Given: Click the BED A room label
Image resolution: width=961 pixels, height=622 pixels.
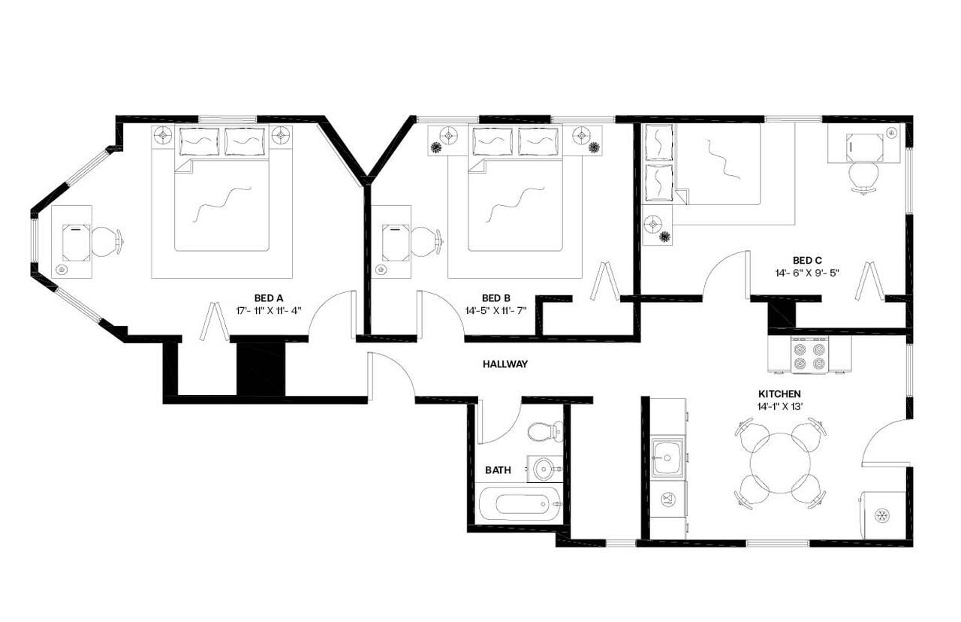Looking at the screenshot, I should click(269, 297).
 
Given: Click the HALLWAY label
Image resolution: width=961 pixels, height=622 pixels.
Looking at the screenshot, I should click(505, 364).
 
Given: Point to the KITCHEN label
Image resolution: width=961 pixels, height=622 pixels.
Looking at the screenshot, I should click(779, 394).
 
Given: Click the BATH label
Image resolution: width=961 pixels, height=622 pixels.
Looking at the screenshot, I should click(497, 470).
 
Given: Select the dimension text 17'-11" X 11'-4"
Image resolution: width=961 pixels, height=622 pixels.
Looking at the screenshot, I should click(269, 309).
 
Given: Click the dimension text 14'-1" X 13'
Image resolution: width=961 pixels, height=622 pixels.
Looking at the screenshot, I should click(779, 406).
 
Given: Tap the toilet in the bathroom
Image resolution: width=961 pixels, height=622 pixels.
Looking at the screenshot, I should click(544, 431).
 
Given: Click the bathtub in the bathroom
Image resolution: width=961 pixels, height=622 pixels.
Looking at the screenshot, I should click(520, 503).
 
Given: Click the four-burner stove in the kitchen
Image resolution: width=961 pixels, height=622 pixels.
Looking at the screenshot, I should click(809, 355).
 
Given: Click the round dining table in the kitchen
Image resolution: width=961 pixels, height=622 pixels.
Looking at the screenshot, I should click(781, 463).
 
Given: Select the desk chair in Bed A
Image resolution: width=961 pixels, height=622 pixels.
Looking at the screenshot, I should click(107, 241).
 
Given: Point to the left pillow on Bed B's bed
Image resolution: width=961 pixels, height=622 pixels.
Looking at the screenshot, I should click(493, 141).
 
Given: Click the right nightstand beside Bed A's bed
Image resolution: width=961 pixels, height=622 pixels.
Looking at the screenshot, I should click(281, 136).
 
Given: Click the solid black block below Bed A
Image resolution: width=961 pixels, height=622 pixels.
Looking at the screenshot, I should click(261, 368).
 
